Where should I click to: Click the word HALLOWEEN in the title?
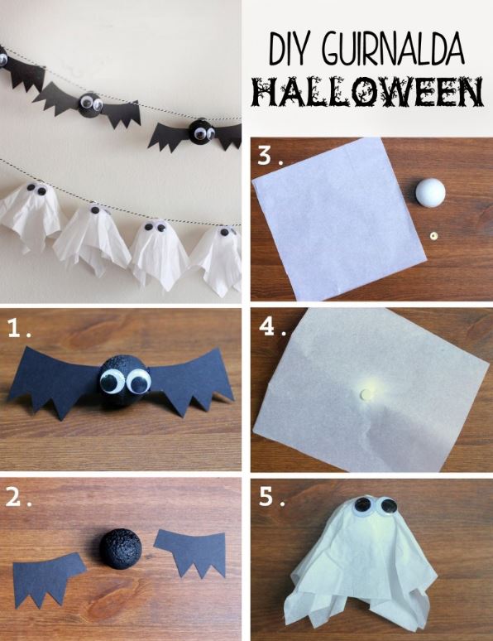tap(368, 93)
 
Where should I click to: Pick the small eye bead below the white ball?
tap(433, 236)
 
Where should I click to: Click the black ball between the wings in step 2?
tap(123, 550)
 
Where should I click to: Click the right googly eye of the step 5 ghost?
tap(387, 506)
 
